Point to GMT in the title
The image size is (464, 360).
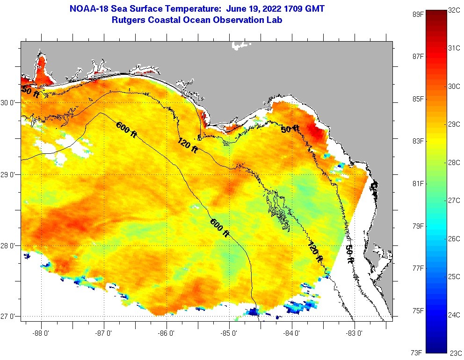(315, 8)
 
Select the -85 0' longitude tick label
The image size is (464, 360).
(229, 333)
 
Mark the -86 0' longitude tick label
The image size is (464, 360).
(167, 333)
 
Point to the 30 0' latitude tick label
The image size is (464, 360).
(8, 102)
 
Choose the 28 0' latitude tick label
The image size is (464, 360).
(8, 245)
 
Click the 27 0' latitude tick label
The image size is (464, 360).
(8, 317)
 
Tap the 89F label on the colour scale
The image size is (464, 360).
(417, 14)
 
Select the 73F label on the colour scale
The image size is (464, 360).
(417, 352)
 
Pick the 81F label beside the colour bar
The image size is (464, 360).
(417, 183)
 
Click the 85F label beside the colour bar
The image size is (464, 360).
(417, 99)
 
